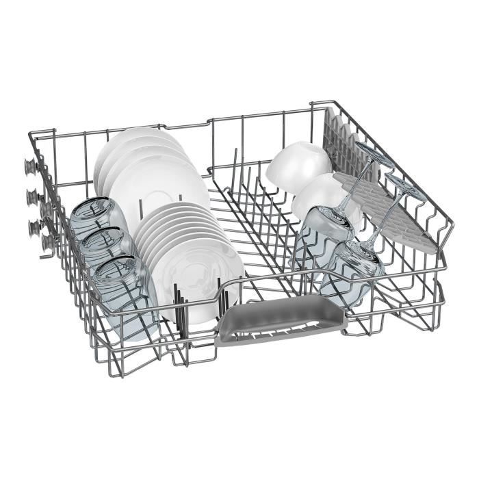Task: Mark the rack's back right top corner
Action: point(313,103)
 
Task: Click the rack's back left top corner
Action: point(31,134)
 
